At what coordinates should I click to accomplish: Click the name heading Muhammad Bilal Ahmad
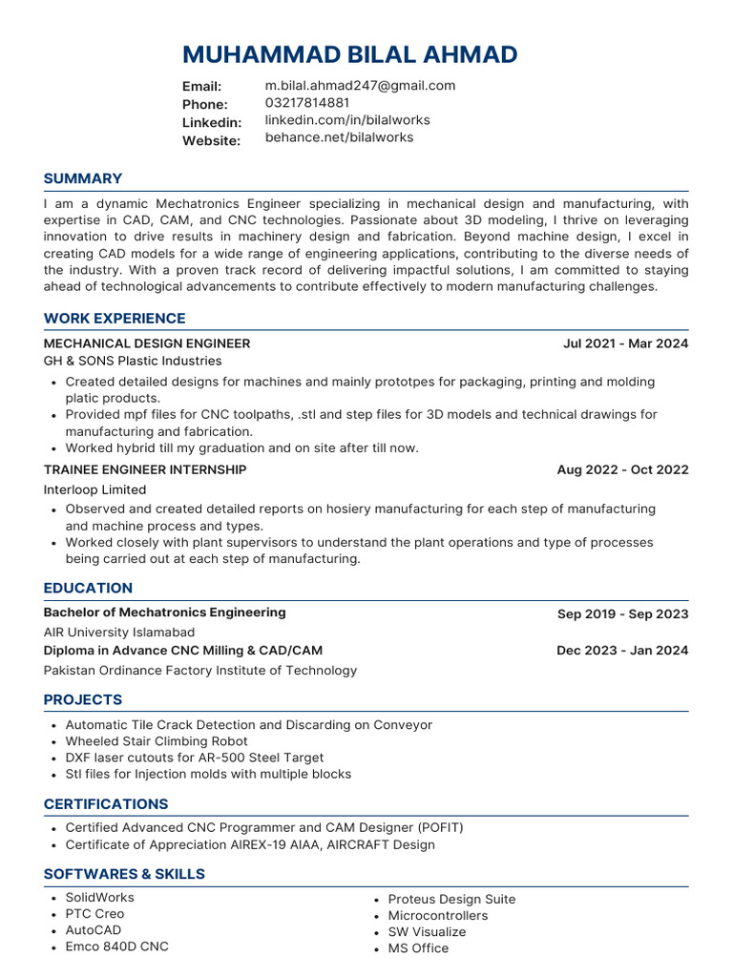click(349, 54)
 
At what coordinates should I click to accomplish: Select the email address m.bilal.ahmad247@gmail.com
click(360, 86)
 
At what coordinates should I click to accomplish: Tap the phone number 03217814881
click(306, 103)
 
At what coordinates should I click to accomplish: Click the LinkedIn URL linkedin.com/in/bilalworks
click(346, 120)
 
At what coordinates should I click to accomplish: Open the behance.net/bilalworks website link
click(339, 137)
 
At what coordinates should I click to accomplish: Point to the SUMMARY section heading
click(83, 178)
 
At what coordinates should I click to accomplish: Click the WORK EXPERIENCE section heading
click(115, 319)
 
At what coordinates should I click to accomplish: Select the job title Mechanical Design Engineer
click(147, 343)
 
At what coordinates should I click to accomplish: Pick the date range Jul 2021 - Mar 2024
click(625, 343)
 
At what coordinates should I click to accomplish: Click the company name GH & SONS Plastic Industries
click(133, 362)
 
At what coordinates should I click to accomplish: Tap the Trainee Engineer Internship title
click(145, 469)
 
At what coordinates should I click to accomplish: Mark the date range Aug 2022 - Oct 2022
click(622, 470)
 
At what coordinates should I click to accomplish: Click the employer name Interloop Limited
click(95, 489)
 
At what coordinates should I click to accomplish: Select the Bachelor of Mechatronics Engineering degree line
click(164, 613)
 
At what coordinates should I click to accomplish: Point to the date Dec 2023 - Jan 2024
click(622, 651)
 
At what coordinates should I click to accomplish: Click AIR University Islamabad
click(119, 633)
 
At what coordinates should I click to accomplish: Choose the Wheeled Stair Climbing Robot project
click(157, 741)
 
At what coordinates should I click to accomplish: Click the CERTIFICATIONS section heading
click(106, 804)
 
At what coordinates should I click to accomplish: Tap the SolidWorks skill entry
click(99, 898)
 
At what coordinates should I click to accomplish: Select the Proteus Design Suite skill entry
click(451, 900)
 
